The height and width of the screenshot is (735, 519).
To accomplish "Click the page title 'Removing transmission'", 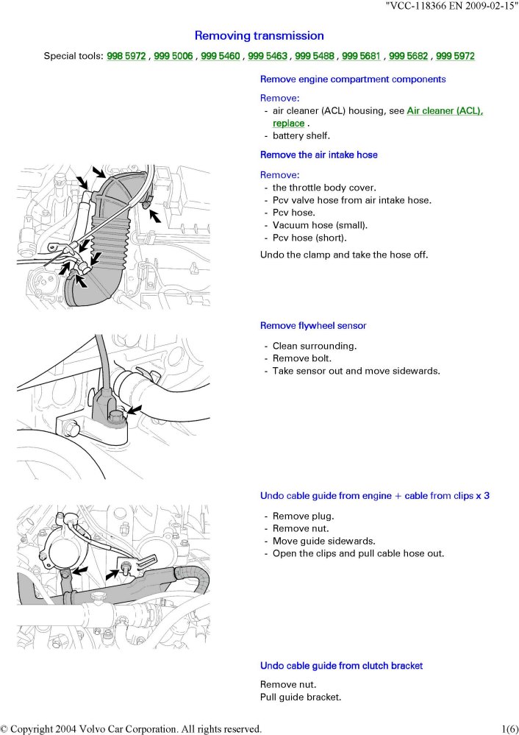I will (259, 35).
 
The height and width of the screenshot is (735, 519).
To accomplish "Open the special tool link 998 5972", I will (127, 56).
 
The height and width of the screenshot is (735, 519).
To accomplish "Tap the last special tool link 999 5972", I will (455, 56).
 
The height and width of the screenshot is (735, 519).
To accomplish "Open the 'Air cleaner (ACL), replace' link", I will (444, 111).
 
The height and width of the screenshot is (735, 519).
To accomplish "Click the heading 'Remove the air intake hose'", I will (318, 155).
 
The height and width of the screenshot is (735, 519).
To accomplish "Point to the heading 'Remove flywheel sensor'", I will (313, 325).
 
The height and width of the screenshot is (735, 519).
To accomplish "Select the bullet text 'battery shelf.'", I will (301, 136).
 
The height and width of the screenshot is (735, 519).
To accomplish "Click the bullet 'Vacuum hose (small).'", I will (320, 225).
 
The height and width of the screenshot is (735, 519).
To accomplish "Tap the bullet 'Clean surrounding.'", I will (315, 346).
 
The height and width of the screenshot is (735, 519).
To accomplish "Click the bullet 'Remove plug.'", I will (303, 516).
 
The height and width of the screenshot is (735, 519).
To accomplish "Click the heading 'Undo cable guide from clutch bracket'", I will (341, 666).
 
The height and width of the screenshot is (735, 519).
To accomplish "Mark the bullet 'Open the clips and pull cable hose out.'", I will (358, 553).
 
